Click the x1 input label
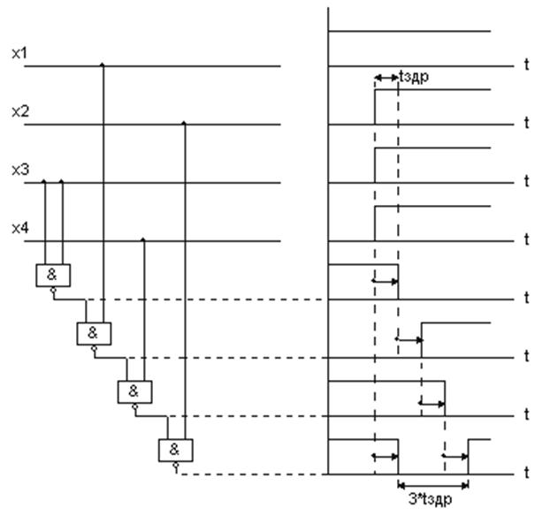coord(19,54)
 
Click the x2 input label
coord(19,112)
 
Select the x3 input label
coord(19,170)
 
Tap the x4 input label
coord(19,229)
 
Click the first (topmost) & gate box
coord(52,275)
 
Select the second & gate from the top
coord(94,333)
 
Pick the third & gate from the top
coord(134,391)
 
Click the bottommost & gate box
coord(175,449)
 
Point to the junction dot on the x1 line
coord(103,65)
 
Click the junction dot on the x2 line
coord(184,124)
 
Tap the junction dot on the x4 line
coord(143,239)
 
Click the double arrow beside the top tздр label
coord(386,79)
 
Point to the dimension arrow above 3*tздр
coord(432,482)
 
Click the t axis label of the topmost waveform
coord(526,66)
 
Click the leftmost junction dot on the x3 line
coord(44,181)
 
